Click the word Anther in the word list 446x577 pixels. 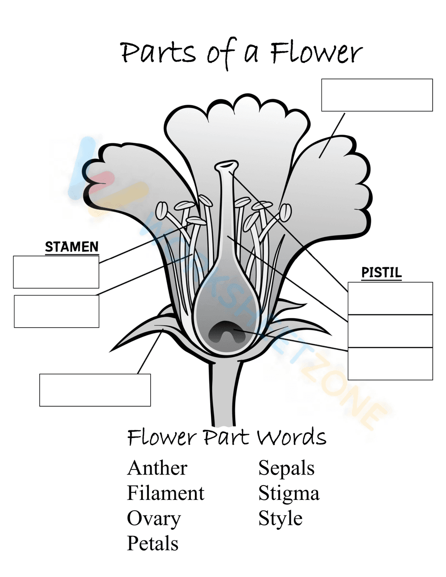pos(157,468)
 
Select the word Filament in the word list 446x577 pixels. pos(165,493)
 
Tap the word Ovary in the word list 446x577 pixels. pos(154,519)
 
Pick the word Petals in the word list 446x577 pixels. pos(153,544)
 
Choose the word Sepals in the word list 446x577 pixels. pos(286,468)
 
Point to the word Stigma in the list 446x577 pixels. pos(289,494)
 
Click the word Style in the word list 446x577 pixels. pos(280,519)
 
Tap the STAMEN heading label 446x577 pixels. pos(72,247)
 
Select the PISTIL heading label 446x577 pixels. pos(381,272)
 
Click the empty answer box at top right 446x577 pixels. pos(377,95)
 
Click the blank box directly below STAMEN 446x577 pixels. pos(56,272)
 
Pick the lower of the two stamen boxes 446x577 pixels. pos(57,311)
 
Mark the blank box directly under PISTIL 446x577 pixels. pos(390,298)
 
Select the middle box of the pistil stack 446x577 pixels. pos(390,331)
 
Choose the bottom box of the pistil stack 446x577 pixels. pos(390,364)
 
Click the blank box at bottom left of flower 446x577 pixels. pos(95,390)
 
